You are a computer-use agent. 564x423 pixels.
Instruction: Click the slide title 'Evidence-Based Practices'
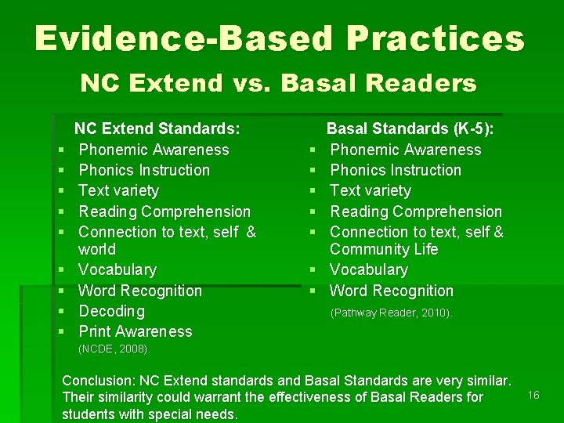pyautogui.click(x=279, y=38)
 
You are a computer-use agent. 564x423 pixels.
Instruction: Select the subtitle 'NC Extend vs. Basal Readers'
pyautogui.click(x=279, y=82)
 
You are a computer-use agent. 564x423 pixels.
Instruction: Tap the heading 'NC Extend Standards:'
pyautogui.click(x=157, y=128)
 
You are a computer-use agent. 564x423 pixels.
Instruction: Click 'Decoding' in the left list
pyautogui.click(x=112, y=311)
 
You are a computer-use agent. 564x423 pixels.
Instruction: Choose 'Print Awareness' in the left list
pyautogui.click(x=136, y=331)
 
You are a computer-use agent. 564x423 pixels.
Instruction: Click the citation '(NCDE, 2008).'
pyautogui.click(x=114, y=349)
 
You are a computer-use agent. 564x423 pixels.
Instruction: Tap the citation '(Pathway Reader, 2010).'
pyautogui.click(x=391, y=313)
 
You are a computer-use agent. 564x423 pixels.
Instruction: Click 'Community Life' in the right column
pyautogui.click(x=384, y=249)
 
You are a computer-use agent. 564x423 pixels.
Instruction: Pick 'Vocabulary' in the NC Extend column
pyautogui.click(x=117, y=269)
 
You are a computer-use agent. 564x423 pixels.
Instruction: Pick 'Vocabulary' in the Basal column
pyautogui.click(x=369, y=269)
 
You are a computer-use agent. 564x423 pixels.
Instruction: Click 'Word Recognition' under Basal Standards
pyautogui.click(x=392, y=291)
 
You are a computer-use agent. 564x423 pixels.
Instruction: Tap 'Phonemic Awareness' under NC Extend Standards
pyautogui.click(x=154, y=150)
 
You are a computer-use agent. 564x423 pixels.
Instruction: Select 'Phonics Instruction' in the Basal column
pyautogui.click(x=396, y=170)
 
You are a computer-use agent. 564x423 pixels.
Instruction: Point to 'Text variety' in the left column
pyautogui.click(x=119, y=190)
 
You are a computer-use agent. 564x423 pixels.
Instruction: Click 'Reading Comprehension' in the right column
pyautogui.click(x=416, y=211)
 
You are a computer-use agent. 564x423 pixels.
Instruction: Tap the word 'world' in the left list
pyautogui.click(x=97, y=249)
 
